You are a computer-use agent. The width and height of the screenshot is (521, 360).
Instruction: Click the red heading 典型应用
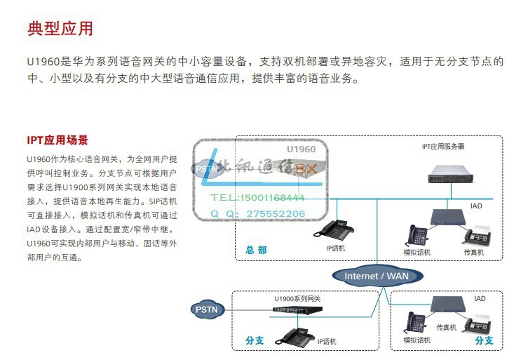[x=60, y=29]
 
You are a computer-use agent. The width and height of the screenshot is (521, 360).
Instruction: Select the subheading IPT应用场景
[x=57, y=140]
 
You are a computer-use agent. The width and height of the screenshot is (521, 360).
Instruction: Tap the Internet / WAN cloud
[x=376, y=276]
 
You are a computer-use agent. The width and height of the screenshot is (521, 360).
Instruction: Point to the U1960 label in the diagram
[x=301, y=149]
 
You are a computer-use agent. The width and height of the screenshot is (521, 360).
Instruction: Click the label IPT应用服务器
[x=442, y=147]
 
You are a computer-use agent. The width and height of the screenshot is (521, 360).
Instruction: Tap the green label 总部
[x=256, y=249]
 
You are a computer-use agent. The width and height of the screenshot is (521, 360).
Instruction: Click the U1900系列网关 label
[x=297, y=299]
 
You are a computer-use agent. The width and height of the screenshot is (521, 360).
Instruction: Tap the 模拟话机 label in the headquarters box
[x=417, y=252]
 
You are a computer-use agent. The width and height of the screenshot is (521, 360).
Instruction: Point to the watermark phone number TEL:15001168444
[x=258, y=198]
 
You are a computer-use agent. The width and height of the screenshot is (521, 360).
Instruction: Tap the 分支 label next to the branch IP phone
[x=255, y=340]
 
